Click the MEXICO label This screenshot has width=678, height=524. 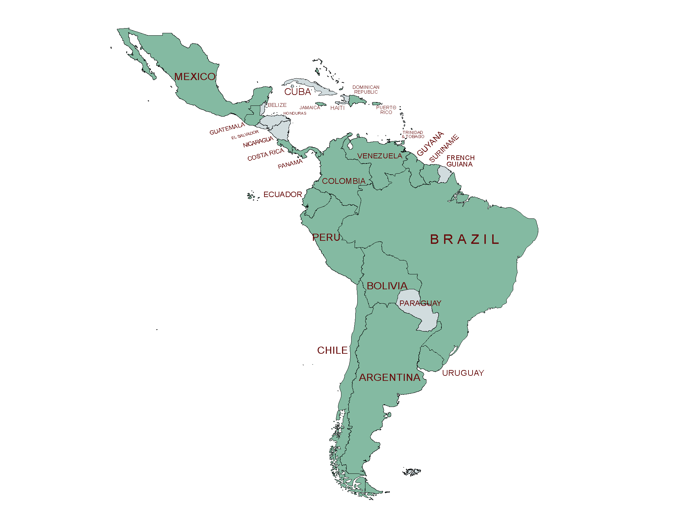[x=195, y=77]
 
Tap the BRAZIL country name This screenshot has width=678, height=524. [x=464, y=239]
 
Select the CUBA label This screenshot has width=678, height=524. [x=297, y=92]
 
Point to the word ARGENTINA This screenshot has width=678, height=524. [x=390, y=377]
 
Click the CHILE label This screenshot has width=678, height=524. [x=332, y=350]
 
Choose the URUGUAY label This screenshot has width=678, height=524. [x=463, y=373]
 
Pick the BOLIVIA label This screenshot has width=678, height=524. [x=387, y=286]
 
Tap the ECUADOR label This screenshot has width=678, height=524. [x=282, y=194]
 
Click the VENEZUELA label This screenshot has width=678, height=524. [x=379, y=156]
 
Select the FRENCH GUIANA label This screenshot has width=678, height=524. [x=460, y=161]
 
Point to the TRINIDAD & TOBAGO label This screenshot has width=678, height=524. [x=413, y=135]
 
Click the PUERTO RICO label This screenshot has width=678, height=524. [x=386, y=110]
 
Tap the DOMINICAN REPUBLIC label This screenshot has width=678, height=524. [x=366, y=90]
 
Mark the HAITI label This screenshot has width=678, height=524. [x=337, y=108]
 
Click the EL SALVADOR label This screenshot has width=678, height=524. [x=245, y=135]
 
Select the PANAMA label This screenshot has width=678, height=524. [x=290, y=164]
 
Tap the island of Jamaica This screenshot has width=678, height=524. [x=321, y=104]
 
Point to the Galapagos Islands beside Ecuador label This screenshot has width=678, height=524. [x=251, y=196]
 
